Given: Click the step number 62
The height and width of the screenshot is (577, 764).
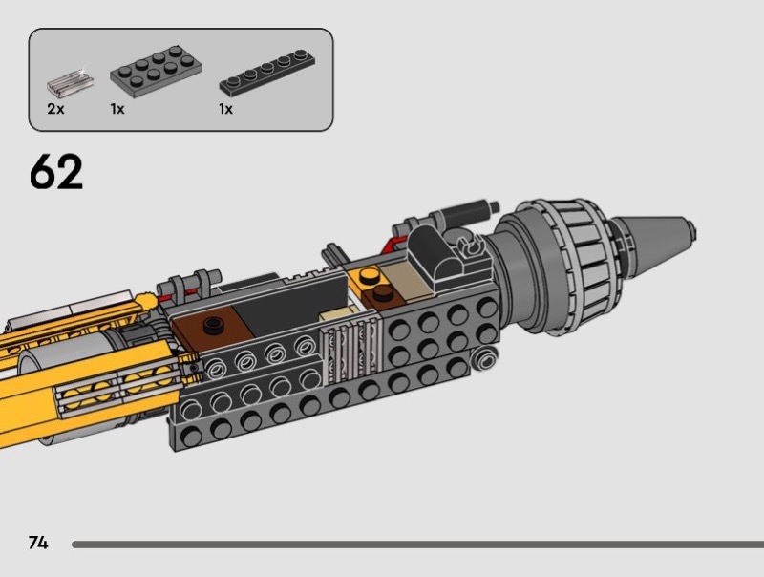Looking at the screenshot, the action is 56,171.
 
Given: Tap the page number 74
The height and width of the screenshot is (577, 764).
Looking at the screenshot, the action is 38,543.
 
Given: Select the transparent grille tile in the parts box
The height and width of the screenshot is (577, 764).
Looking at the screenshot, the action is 70,82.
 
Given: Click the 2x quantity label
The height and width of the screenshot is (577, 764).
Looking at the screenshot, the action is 55,109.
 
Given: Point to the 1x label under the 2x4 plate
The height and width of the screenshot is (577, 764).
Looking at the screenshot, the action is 117,109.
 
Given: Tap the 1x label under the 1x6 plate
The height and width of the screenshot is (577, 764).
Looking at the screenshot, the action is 225,109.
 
